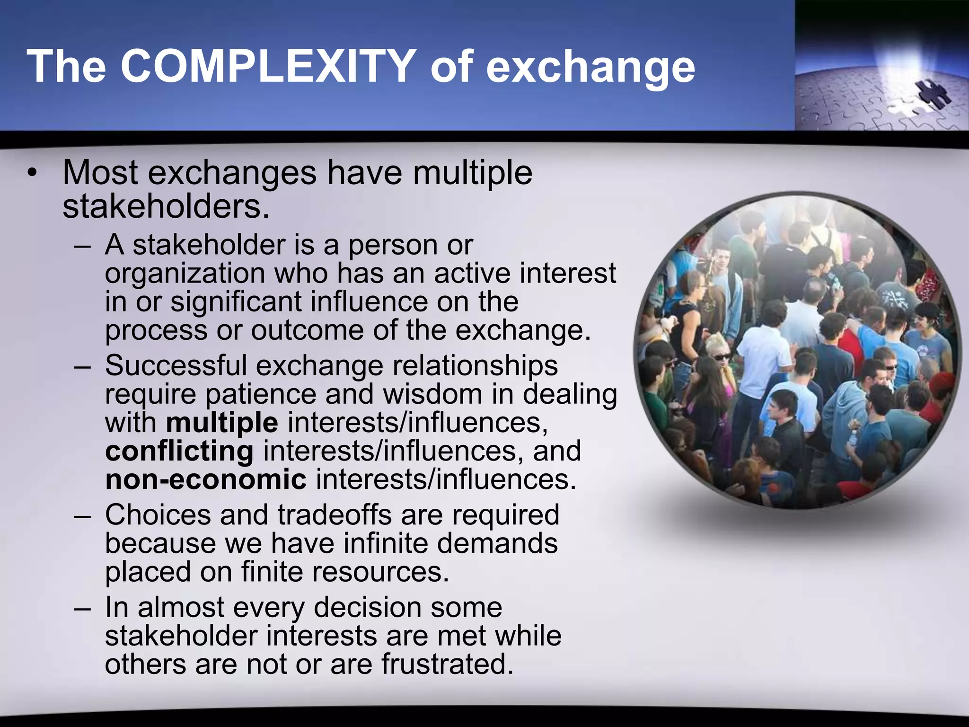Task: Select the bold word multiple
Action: [222, 423]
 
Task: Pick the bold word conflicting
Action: [179, 451]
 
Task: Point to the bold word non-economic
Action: [206, 479]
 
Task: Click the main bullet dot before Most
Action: [31, 173]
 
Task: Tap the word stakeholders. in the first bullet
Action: [166, 207]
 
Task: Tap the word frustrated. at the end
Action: [447, 664]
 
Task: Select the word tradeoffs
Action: [335, 514]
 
